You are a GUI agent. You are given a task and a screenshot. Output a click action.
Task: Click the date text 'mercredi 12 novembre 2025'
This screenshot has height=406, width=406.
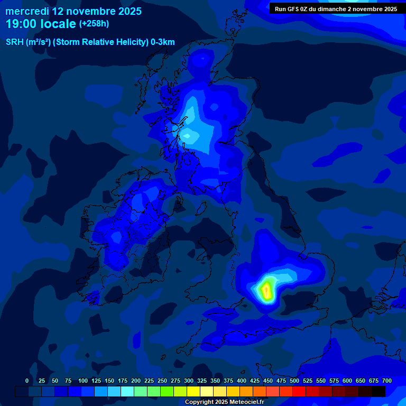73,11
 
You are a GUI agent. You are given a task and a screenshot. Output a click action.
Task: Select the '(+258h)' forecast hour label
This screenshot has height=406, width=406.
94,24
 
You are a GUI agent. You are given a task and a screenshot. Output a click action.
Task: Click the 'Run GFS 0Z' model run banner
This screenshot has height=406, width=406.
336,9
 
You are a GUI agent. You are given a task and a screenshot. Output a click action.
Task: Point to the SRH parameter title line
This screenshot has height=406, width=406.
90,42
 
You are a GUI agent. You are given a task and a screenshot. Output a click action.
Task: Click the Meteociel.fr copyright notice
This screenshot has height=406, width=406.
224,402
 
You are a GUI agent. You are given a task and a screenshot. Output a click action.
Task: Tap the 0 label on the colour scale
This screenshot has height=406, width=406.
27,381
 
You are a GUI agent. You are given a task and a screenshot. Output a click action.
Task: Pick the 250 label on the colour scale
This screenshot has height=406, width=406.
162,381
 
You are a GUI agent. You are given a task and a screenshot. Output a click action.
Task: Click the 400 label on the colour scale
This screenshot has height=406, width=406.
242,381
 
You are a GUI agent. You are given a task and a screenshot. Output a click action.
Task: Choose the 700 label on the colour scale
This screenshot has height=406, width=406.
387,381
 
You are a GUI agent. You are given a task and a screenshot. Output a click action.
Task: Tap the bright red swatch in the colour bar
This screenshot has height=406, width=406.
299,391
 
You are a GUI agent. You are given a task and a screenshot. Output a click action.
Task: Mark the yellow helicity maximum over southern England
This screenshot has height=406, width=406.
266,290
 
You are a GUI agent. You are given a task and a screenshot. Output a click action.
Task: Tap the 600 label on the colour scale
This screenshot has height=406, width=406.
347,381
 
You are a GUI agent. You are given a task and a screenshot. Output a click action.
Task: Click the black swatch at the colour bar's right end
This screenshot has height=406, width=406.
379,391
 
